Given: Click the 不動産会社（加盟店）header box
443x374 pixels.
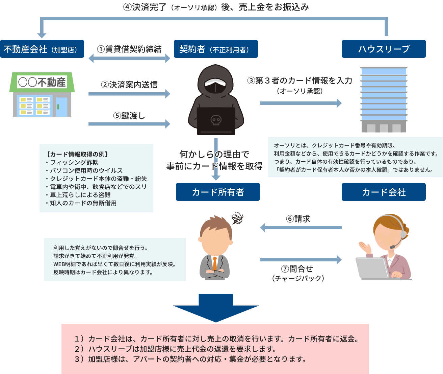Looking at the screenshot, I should point(42,49).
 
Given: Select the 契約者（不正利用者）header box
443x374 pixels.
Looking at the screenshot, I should point(216,49).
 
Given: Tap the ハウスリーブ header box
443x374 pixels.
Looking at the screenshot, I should point(384,49).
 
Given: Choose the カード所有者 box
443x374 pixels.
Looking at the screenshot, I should point(218,192).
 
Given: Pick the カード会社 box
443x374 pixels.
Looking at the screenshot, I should point(384,192).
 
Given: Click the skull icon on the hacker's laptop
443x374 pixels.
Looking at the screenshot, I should point(216,120).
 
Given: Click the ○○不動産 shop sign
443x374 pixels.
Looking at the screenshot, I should point(42,82).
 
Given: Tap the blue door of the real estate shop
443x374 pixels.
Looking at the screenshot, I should point(61,107).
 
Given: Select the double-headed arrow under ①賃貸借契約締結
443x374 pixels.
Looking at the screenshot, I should point(129,58).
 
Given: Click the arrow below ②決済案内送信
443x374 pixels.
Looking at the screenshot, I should point(129,94).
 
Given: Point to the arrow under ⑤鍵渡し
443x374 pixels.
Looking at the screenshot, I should point(129,124).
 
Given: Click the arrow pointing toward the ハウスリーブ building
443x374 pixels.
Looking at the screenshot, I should point(301,103).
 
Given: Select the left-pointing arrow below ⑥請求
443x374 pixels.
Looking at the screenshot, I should point(301,228).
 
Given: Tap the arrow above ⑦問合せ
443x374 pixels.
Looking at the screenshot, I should point(301,260).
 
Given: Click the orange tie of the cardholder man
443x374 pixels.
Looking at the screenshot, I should point(215,263).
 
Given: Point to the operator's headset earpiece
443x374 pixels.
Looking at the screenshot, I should point(403,234).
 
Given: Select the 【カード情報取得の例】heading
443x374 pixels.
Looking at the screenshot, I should point(77,154).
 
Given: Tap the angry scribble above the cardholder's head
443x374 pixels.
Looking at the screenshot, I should point(237,218).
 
